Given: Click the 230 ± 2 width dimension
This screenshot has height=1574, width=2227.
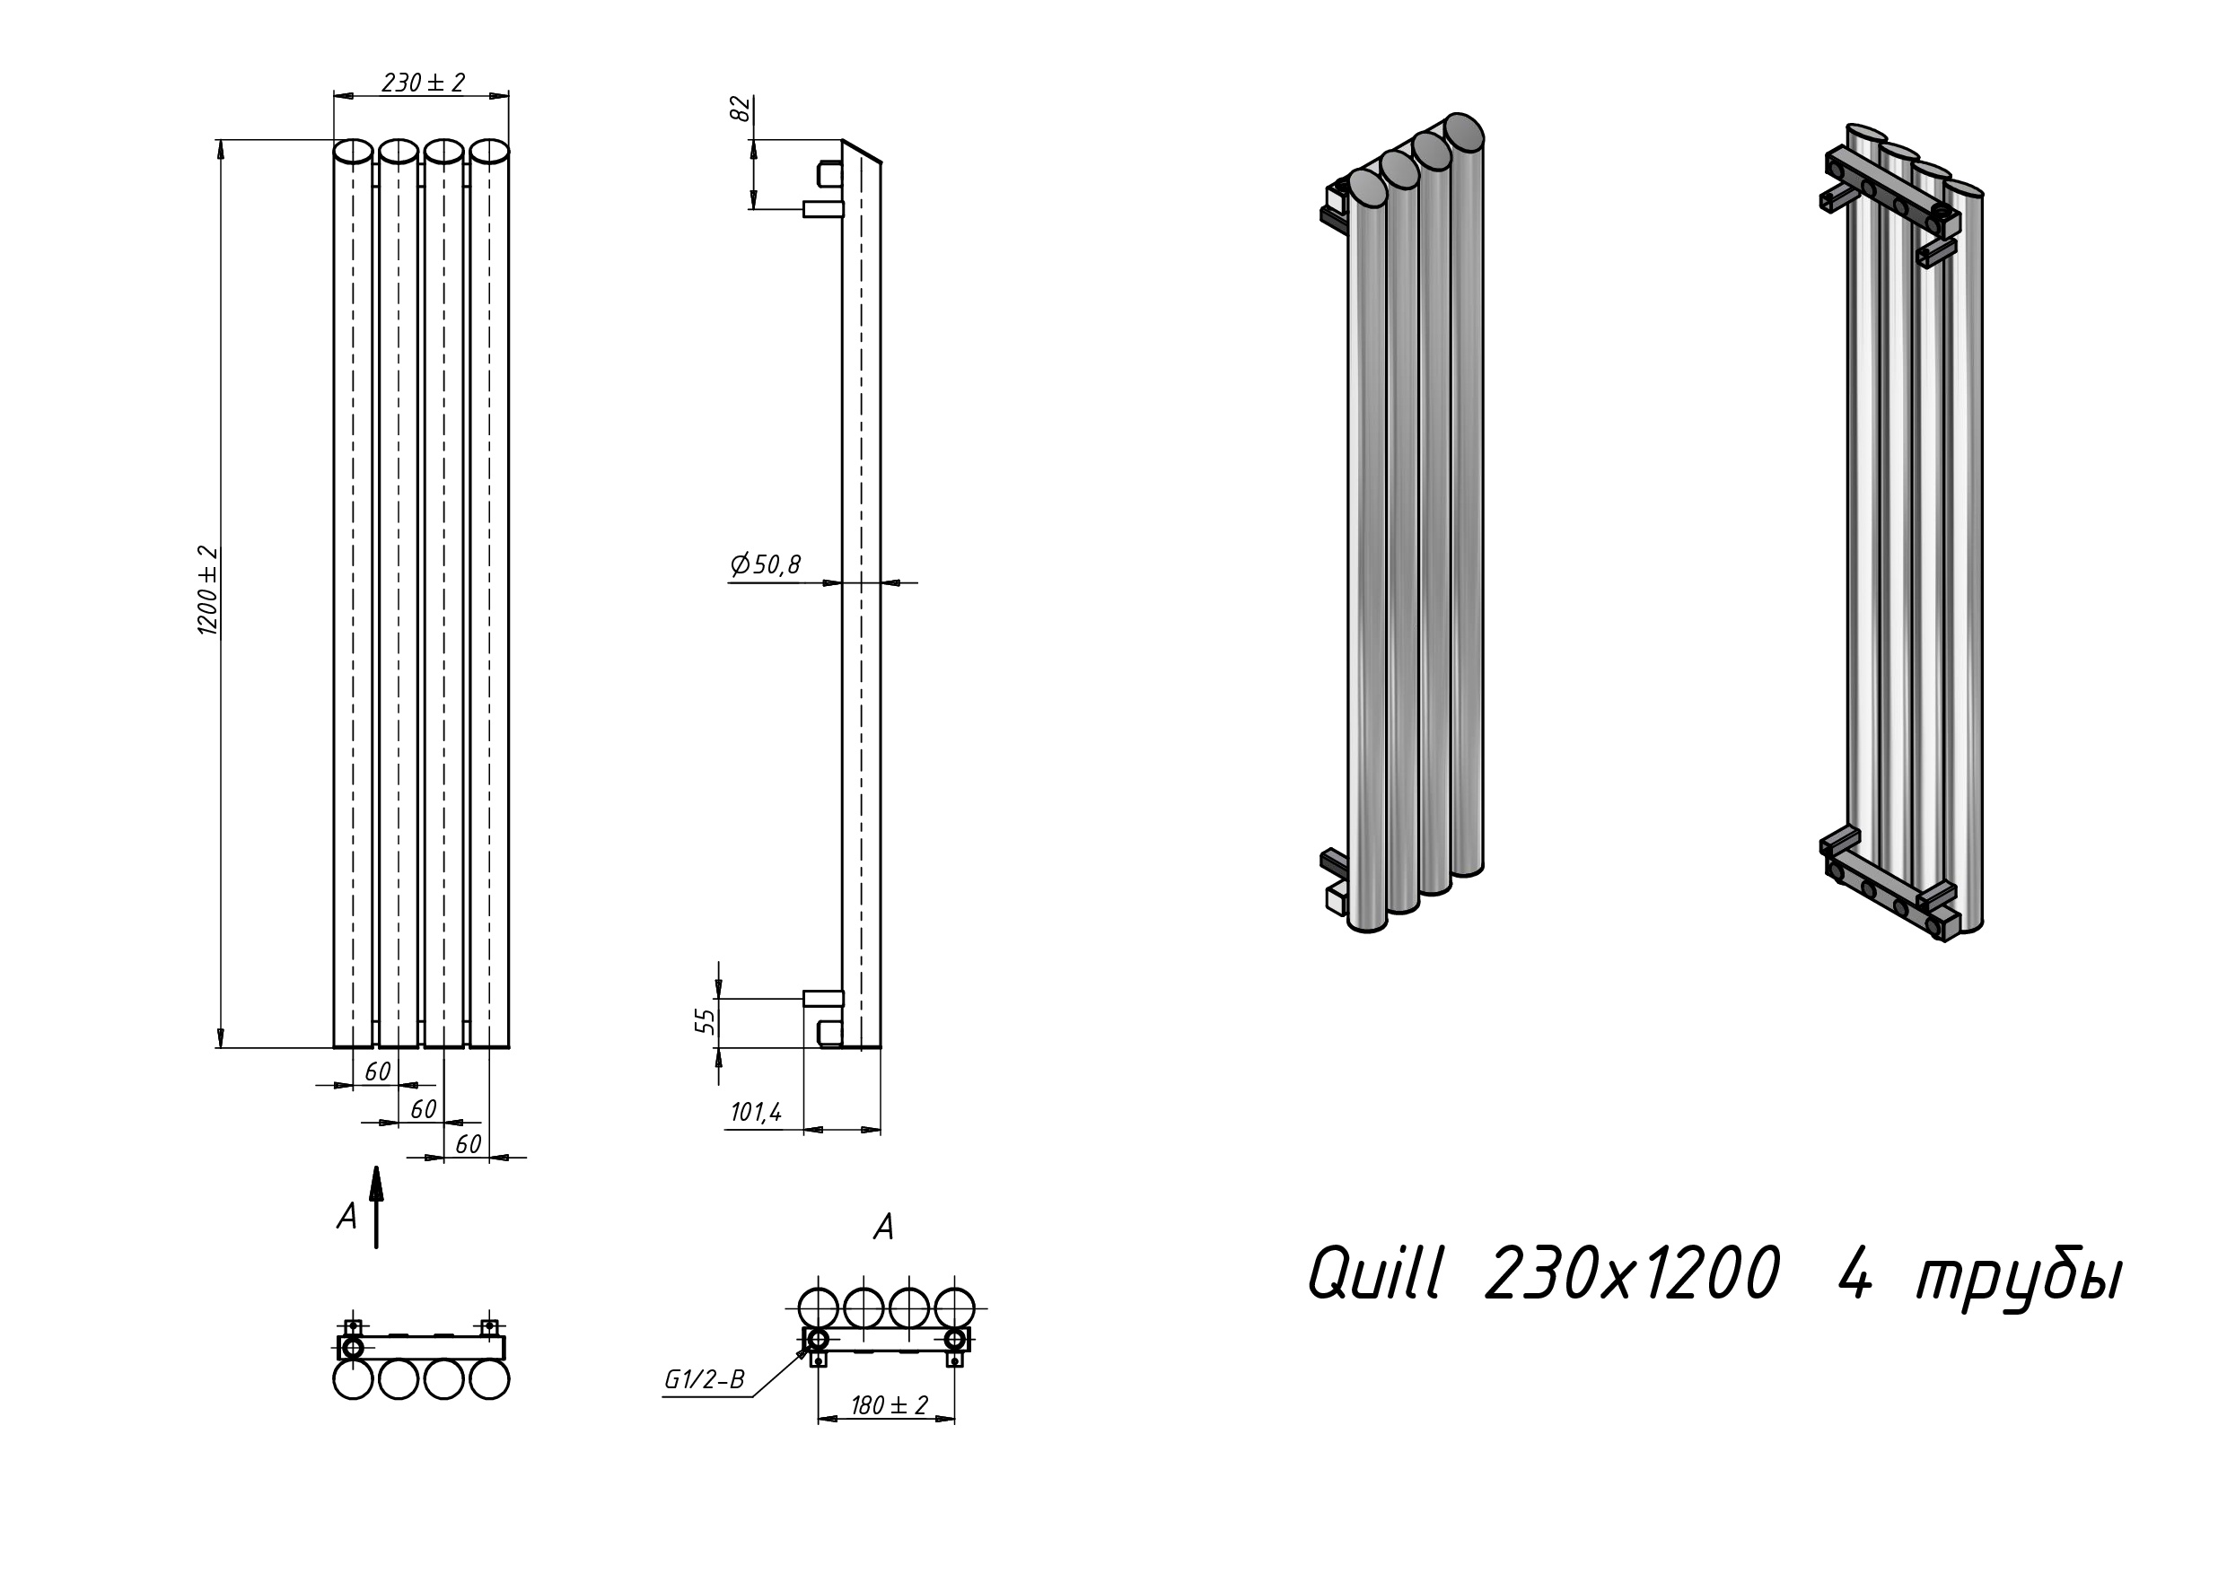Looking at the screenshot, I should pyautogui.click(x=423, y=83).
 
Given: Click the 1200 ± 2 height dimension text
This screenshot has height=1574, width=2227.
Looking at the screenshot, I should pyautogui.click(x=208, y=590).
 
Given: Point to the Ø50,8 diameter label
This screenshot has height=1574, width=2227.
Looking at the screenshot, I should pyautogui.click(x=767, y=564).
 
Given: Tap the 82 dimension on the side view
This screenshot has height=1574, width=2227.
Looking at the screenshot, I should pyautogui.click(x=740, y=109).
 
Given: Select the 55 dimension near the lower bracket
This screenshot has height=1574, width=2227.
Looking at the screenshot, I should pyautogui.click(x=706, y=1019).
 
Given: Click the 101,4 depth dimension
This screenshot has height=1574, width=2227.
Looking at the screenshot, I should pyautogui.click(x=756, y=1113).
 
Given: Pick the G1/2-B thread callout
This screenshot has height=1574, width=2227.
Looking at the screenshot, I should pyautogui.click(x=704, y=1379).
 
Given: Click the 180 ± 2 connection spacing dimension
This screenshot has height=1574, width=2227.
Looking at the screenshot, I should pyautogui.click(x=890, y=1404).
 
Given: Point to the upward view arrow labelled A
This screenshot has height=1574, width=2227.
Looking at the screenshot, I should pyautogui.click(x=376, y=1207).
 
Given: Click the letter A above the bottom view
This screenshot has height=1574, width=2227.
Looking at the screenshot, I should pyautogui.click(x=882, y=1227).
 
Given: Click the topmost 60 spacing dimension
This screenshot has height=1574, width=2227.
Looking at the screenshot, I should pyautogui.click(x=377, y=1071).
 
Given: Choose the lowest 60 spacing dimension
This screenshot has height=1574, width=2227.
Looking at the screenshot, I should pyautogui.click(x=468, y=1144).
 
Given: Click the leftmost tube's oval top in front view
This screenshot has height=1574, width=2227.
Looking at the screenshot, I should pyautogui.click(x=353, y=152).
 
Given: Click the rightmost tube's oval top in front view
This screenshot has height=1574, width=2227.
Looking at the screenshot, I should pyautogui.click(x=491, y=152).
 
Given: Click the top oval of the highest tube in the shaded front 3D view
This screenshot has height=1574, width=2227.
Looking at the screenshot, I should pyautogui.click(x=1464, y=132).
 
